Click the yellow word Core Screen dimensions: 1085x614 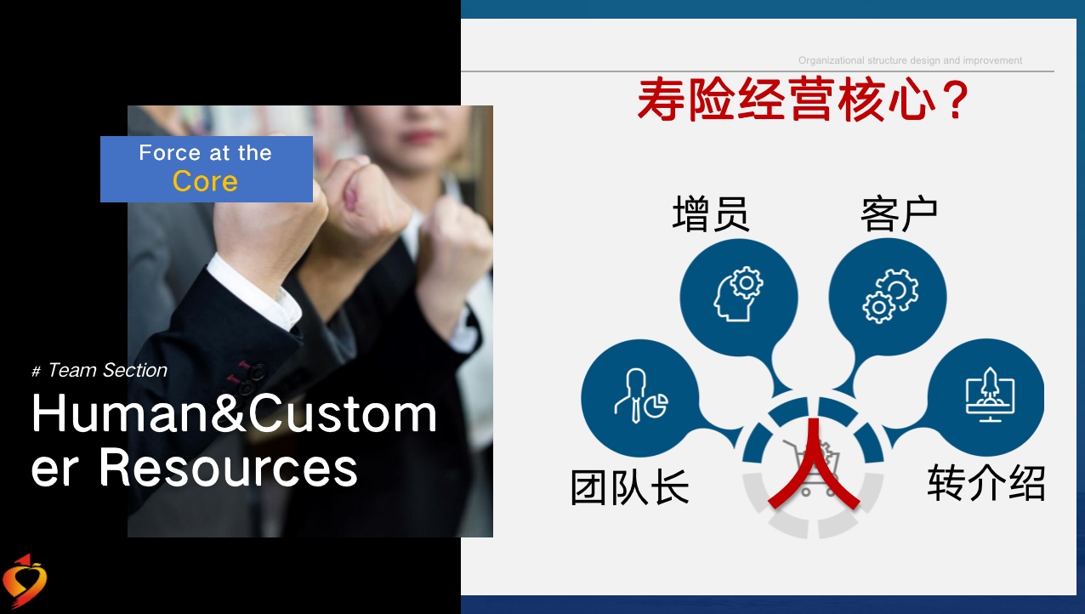tap(206, 181)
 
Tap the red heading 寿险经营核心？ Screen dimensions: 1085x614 tap(803, 99)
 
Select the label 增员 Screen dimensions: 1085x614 tap(711, 213)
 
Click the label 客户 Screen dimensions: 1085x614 tap(899, 213)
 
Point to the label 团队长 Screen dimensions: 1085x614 tap(630, 487)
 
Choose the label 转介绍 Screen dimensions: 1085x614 tap(986, 482)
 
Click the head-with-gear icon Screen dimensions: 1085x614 tap(738, 293)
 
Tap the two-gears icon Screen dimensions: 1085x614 tap(890, 296)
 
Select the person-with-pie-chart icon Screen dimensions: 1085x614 tap(641, 396)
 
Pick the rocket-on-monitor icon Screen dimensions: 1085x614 tap(990, 394)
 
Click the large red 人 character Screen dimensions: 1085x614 tap(814, 463)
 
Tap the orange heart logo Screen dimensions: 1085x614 tap(24, 580)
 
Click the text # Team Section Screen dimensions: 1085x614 tap(99, 370)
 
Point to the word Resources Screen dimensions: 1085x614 tap(228, 468)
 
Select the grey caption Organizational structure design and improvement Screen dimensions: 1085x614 tap(910, 60)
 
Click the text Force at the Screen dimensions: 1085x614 tap(206, 153)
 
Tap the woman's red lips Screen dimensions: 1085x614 tap(420, 137)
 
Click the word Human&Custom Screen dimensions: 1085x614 tap(235, 413)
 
